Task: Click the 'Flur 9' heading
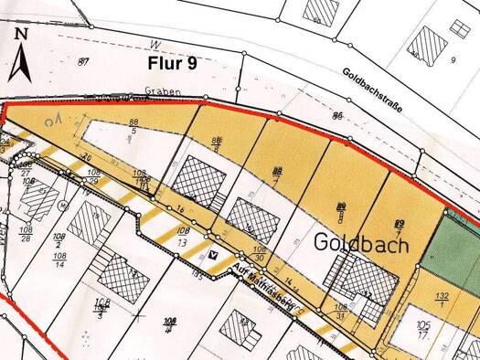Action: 173,62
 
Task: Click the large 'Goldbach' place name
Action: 362,243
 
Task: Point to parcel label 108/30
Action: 260,253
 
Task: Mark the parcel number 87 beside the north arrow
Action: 84,61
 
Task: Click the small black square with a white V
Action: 214,256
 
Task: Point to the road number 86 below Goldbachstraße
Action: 337,116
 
